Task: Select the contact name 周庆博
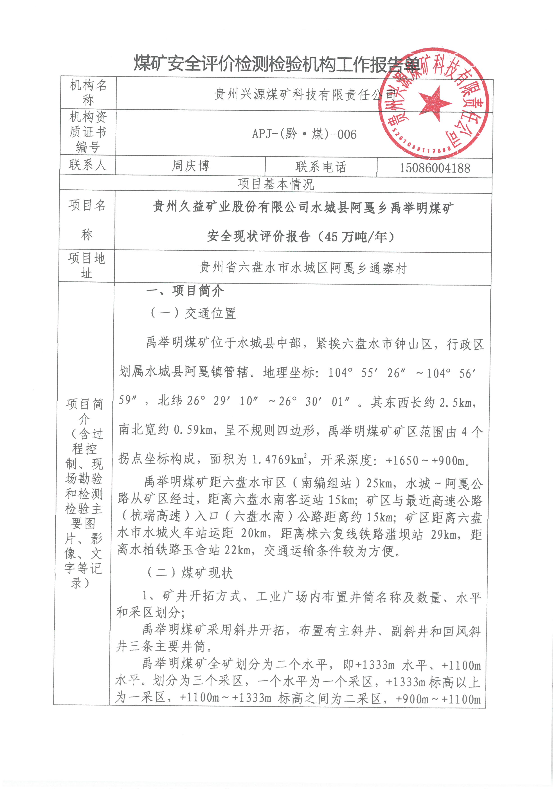190,166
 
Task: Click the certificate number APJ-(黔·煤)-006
304,134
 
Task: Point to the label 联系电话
321,167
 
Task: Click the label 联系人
88,165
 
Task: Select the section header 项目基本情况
276,184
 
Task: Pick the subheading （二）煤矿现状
190,573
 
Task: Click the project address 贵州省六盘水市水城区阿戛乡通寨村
303,268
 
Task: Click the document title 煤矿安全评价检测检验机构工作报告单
277,64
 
